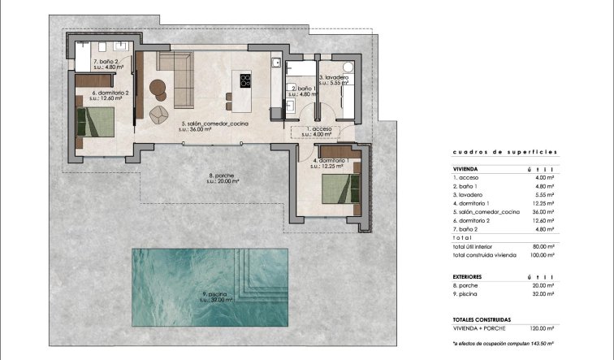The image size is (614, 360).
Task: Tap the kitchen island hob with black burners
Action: coord(244,80)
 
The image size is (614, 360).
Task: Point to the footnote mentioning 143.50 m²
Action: coord(504,345)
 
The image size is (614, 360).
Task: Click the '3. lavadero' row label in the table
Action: coord(469,194)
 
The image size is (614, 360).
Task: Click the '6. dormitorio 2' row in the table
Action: coord(474,220)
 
